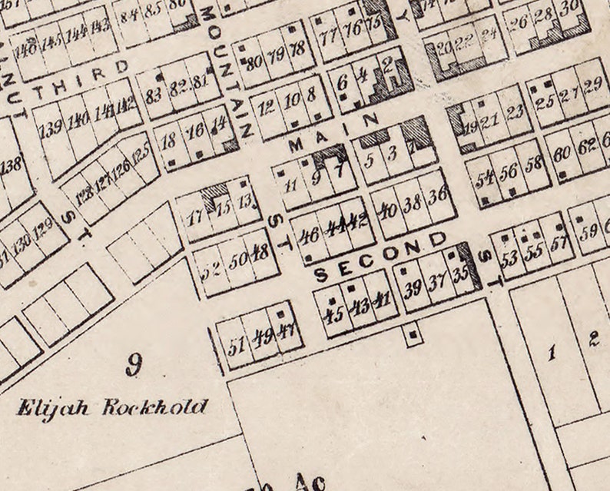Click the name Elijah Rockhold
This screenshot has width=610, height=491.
click(112, 407)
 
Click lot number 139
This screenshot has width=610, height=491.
click(51, 128)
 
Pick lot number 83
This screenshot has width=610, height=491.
click(154, 95)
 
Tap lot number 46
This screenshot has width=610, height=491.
click(311, 234)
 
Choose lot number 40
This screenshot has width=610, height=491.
click(389, 207)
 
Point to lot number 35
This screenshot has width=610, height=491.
click(460, 275)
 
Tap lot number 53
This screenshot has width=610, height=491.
click(509, 259)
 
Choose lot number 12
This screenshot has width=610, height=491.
click(267, 107)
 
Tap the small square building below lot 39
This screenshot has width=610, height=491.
click(414, 335)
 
